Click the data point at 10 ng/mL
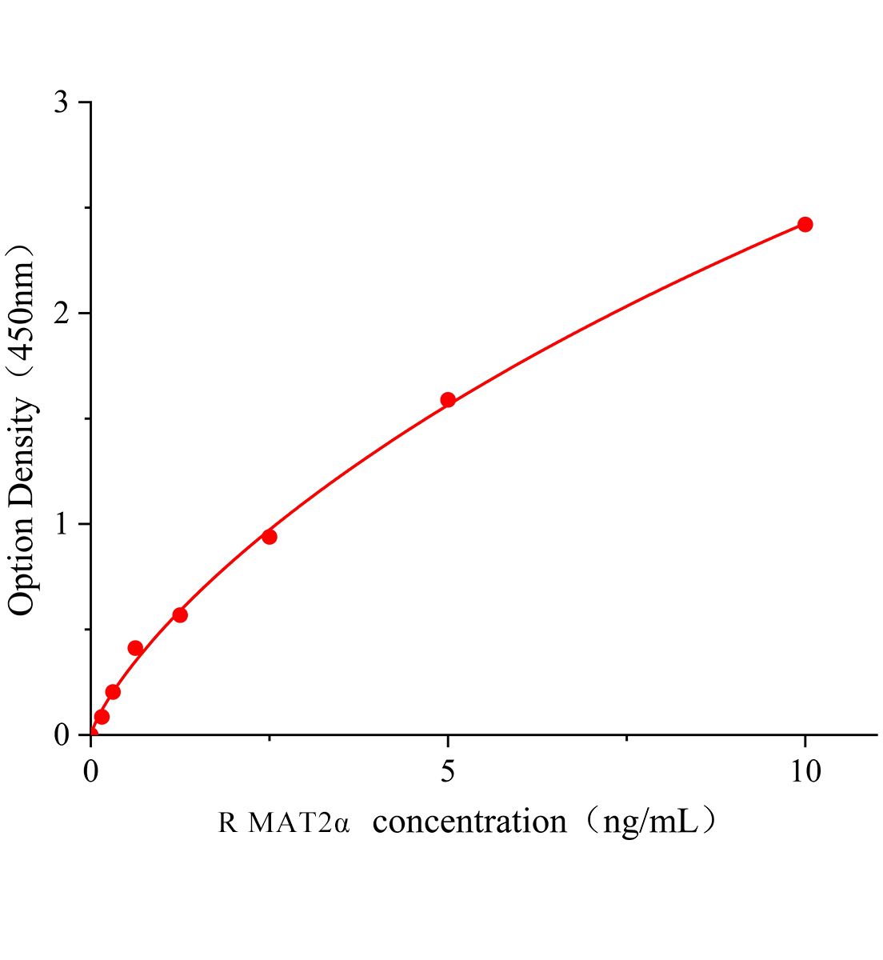coord(805,224)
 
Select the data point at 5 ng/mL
coord(448,399)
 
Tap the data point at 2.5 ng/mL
coord(270,536)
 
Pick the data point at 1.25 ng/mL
coord(180,614)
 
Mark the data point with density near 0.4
coord(135,648)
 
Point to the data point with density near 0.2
coord(113,691)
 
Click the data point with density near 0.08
coord(102,717)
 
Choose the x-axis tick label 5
coord(448,771)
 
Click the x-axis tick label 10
coord(804,771)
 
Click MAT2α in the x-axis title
coord(299,822)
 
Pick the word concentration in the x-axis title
coord(469,822)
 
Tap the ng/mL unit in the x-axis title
coord(644,822)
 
